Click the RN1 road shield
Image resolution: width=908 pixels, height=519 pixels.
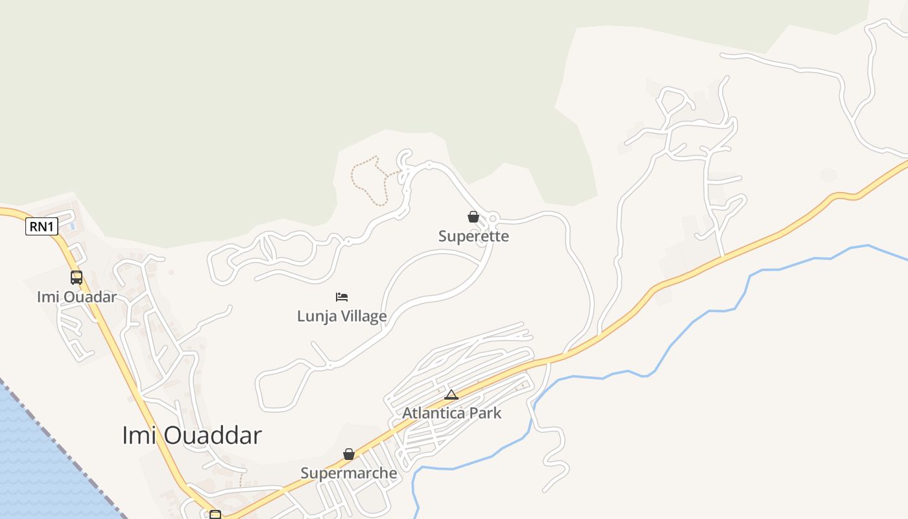(x=42, y=226)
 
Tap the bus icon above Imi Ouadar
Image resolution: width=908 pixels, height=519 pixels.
(x=77, y=278)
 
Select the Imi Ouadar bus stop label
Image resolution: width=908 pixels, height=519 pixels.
(x=77, y=297)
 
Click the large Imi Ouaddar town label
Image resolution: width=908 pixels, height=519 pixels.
(x=191, y=435)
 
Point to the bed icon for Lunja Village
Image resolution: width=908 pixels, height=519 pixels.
(x=342, y=297)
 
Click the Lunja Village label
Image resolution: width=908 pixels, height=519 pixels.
(x=342, y=316)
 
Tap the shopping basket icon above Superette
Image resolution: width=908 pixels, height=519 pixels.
(x=473, y=217)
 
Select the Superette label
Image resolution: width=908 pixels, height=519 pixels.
(x=473, y=236)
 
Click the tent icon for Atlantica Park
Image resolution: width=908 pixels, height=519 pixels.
(x=451, y=394)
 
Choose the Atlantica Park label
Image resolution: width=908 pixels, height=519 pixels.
(x=451, y=413)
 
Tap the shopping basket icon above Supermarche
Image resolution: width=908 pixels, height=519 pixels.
(x=349, y=454)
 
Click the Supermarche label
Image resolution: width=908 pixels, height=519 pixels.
(x=348, y=473)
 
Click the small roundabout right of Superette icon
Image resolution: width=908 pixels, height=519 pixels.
(x=492, y=218)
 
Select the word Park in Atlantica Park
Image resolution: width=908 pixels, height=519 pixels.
(x=486, y=413)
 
